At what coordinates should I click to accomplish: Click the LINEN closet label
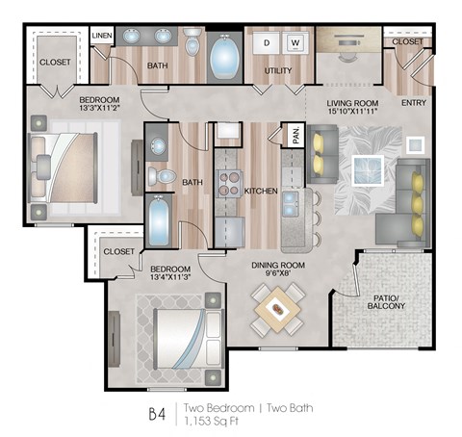click(x=102, y=36)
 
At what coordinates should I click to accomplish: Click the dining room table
click(x=276, y=309)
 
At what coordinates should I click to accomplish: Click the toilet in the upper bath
click(x=192, y=42)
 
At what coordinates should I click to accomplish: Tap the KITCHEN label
click(x=261, y=192)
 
